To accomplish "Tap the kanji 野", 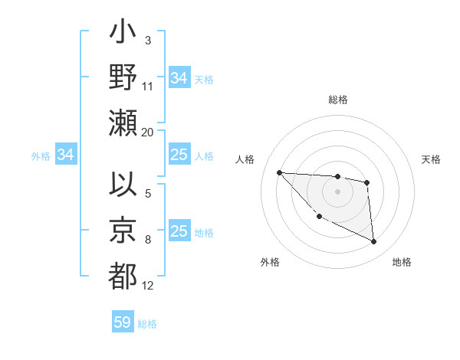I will (123, 79).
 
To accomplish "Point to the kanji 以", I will (123, 185).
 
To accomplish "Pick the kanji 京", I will (123, 231).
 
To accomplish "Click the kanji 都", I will (123, 274).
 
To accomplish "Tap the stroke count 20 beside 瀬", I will (147, 133).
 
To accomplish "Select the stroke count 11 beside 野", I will (147, 87).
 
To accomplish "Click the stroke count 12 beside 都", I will (148, 286).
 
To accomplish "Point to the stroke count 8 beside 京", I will (148, 240).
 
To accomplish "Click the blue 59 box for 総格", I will (123, 322).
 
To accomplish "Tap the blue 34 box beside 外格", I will (66, 155).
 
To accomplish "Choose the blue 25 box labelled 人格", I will (179, 155).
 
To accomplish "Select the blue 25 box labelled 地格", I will (179, 231).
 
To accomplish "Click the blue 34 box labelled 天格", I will (179, 78).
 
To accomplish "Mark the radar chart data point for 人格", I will (279, 172).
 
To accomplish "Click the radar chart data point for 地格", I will (373, 242).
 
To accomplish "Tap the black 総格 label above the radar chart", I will (337, 100).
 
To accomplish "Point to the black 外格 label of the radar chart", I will (269, 262).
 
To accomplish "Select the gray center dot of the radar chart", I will (337, 191).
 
